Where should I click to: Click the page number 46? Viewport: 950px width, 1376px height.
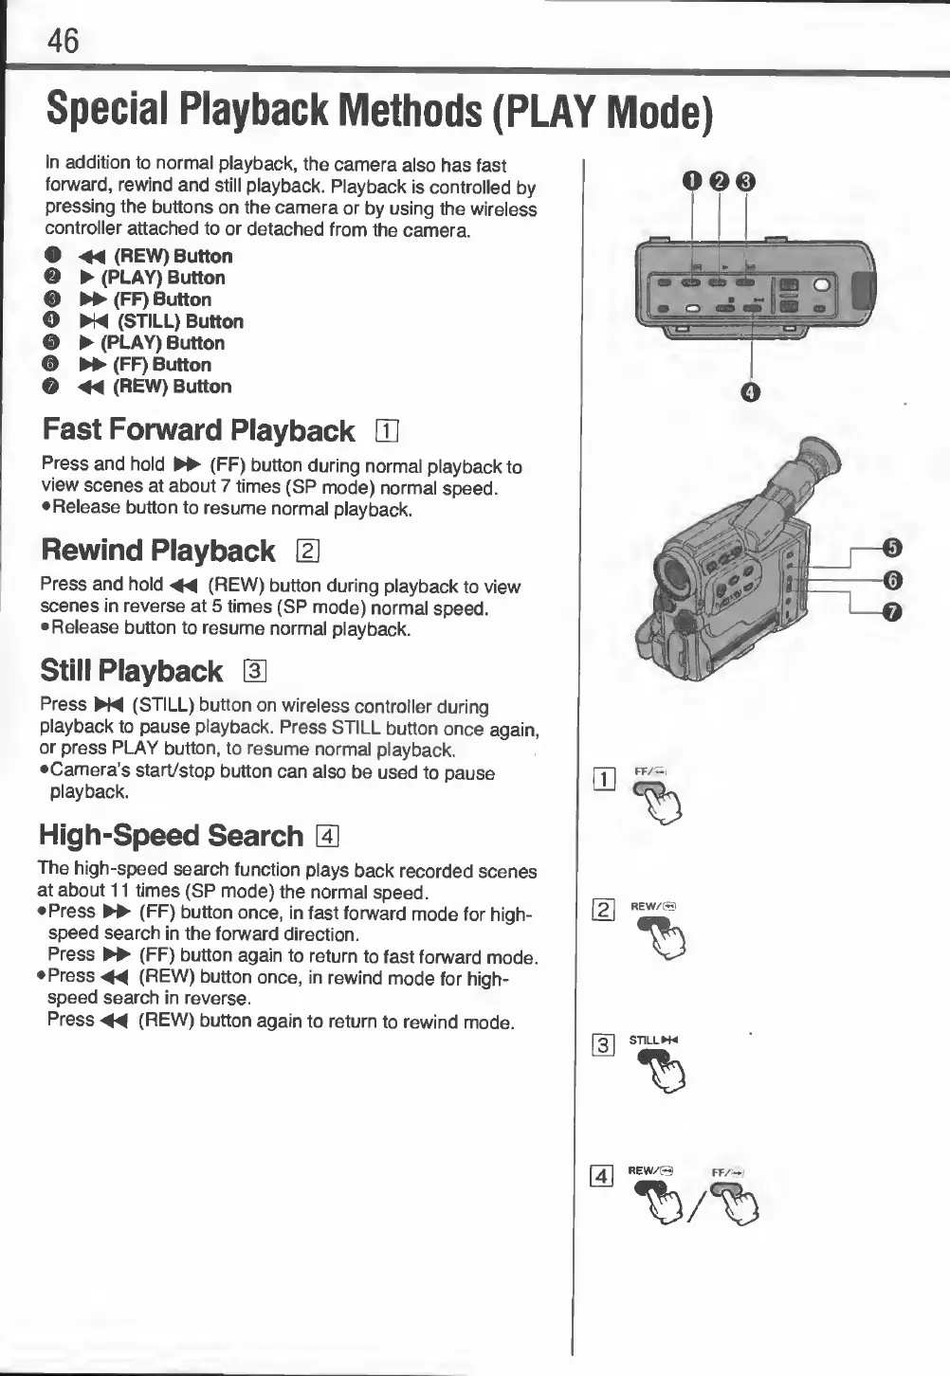[x=64, y=42]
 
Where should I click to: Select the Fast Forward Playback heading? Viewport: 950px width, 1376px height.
[x=198, y=430]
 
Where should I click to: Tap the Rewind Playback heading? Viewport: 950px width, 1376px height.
[x=158, y=551]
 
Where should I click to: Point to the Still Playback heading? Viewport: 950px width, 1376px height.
[x=132, y=671]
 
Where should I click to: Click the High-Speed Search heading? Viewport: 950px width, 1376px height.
[x=171, y=835]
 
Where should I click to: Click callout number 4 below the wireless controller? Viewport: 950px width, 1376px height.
[x=751, y=392]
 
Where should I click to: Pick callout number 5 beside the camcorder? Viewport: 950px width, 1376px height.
[x=892, y=548]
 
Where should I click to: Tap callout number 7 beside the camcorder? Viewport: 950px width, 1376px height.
[x=892, y=613]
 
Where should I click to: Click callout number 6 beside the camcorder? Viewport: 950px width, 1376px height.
[x=892, y=580]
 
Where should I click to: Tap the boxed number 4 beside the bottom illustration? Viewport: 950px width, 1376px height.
[x=601, y=1177]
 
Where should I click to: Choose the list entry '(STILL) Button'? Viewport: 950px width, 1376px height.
[x=180, y=321]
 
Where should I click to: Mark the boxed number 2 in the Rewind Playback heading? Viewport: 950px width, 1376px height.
[x=307, y=552]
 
